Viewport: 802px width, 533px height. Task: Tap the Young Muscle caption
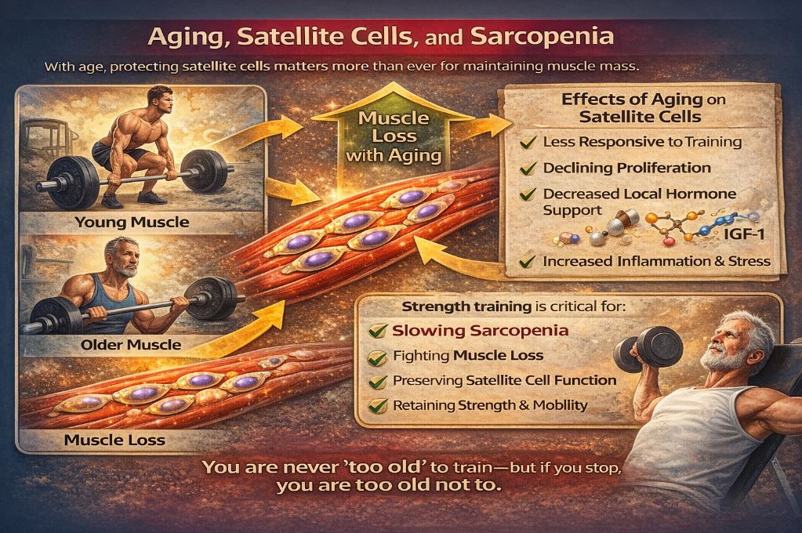[132, 222]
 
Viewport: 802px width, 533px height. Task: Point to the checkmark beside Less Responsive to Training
[528, 142]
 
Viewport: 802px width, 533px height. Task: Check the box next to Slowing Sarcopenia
[380, 331]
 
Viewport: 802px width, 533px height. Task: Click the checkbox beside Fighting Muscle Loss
[380, 357]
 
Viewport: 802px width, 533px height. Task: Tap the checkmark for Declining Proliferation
[528, 167]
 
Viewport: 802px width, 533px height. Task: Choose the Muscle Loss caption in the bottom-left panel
[114, 439]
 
